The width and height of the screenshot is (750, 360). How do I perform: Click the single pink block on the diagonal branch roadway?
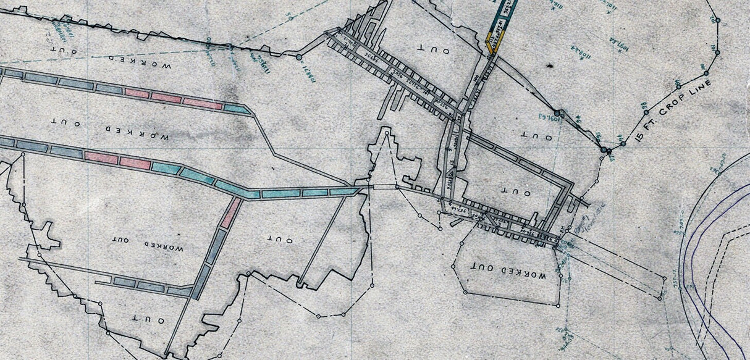pos(231,213)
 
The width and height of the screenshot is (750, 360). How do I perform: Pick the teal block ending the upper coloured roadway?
pos(235,108)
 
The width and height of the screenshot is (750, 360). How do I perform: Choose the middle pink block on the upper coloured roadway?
pos(166,98)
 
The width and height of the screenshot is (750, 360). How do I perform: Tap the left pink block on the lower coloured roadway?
pos(101,157)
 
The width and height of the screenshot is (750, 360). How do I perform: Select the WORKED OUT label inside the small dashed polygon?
pos(509,270)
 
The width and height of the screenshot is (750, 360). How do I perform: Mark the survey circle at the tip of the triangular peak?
pos(387,131)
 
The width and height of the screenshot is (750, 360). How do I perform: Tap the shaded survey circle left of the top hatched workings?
pos(299,57)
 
